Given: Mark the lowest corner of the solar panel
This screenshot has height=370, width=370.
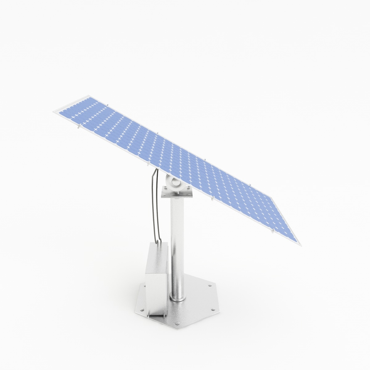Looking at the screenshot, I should (x=301, y=245).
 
